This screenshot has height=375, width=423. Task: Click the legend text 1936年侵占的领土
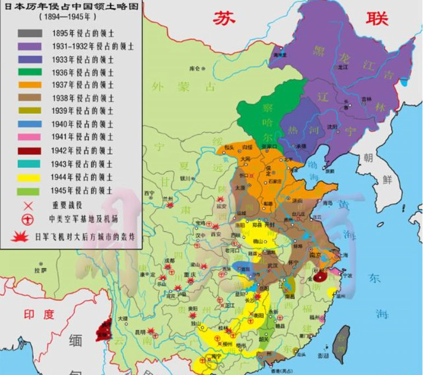tap(83, 72)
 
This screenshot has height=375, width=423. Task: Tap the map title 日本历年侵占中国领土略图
tap(70, 7)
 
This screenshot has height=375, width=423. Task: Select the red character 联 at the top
tap(376, 17)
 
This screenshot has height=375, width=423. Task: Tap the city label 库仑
tap(194, 69)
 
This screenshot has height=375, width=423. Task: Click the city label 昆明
tap(140, 331)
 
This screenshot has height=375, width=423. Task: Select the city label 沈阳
tap(332, 127)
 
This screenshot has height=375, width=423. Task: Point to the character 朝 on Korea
tap(368, 159)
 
